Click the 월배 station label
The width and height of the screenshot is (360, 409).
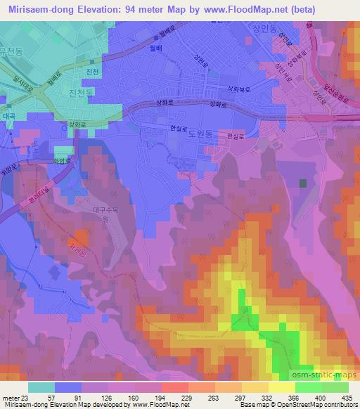(171, 61)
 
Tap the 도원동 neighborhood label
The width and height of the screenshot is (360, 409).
(200, 139)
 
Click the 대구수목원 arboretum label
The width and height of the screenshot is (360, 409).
(103, 213)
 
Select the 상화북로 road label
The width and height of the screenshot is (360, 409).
(238, 88)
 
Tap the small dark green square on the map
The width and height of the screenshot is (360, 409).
(303, 183)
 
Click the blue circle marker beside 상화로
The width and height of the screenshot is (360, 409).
(54, 127)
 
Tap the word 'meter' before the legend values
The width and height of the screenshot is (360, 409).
(10, 397)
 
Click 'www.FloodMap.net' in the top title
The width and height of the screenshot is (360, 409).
(219, 10)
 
